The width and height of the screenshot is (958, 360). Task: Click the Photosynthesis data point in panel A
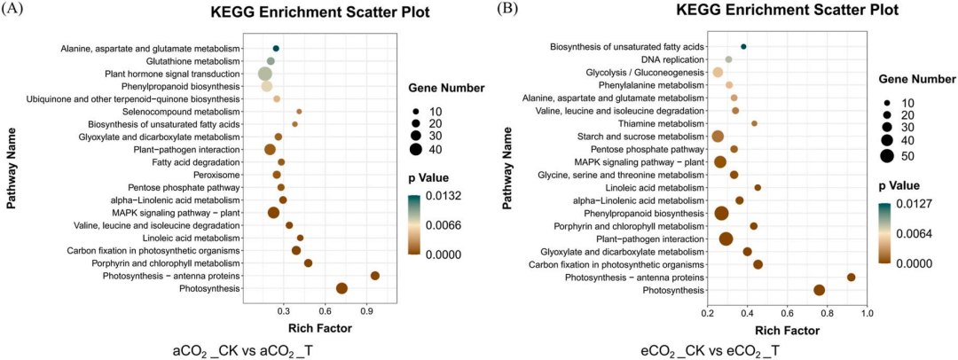342,288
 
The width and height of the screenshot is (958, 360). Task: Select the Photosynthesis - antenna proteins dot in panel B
852,278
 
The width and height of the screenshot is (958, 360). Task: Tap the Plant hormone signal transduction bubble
265,74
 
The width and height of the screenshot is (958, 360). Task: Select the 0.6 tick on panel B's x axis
788,314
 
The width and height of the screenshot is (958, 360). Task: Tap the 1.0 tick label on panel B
868,314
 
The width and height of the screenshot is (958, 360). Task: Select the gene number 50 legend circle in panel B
887,157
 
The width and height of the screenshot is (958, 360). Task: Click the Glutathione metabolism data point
271,61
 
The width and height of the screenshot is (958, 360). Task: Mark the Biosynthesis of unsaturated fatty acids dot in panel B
743,46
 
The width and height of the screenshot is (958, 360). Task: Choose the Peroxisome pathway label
218,175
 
